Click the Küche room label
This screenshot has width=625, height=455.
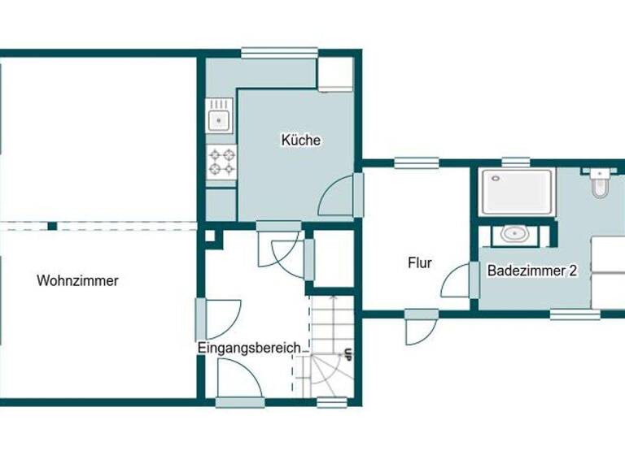(x=301, y=141)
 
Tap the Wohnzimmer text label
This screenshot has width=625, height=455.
(x=77, y=281)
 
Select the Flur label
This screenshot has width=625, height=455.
(x=420, y=263)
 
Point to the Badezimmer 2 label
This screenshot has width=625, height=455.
(x=532, y=271)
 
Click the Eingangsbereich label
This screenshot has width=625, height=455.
(x=253, y=348)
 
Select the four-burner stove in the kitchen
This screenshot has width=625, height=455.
(x=221, y=161)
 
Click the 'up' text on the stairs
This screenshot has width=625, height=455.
(x=348, y=354)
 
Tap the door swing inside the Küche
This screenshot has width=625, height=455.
(x=337, y=198)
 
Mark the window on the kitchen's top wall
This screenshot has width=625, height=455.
(x=278, y=54)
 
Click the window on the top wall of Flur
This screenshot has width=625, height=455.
(x=417, y=162)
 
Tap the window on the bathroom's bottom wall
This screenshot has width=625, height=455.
(x=575, y=314)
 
